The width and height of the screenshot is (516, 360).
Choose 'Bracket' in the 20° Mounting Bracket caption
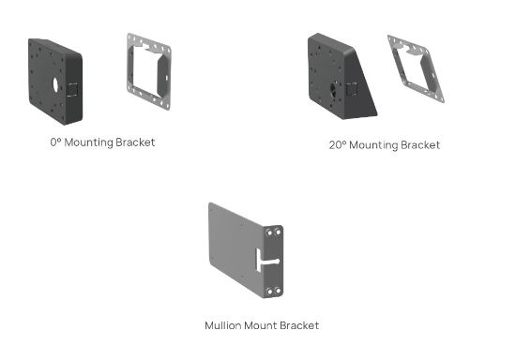421,145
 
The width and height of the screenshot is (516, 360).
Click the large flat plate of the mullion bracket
230,251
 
